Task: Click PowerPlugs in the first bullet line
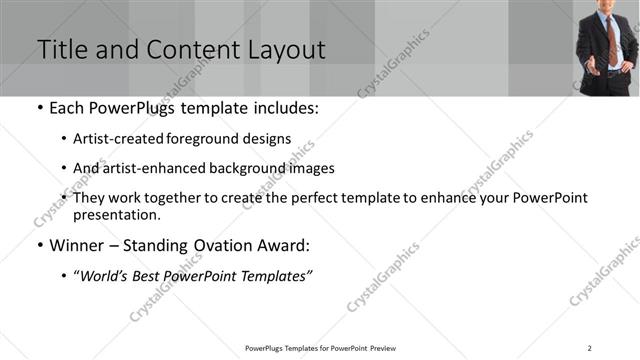tap(123, 108)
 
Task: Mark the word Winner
tap(75, 245)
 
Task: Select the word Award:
tap(286, 245)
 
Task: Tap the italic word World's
tap(104, 276)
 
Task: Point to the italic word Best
tap(149, 276)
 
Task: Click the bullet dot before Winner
tap(39, 246)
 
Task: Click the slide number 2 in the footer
tap(590, 348)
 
